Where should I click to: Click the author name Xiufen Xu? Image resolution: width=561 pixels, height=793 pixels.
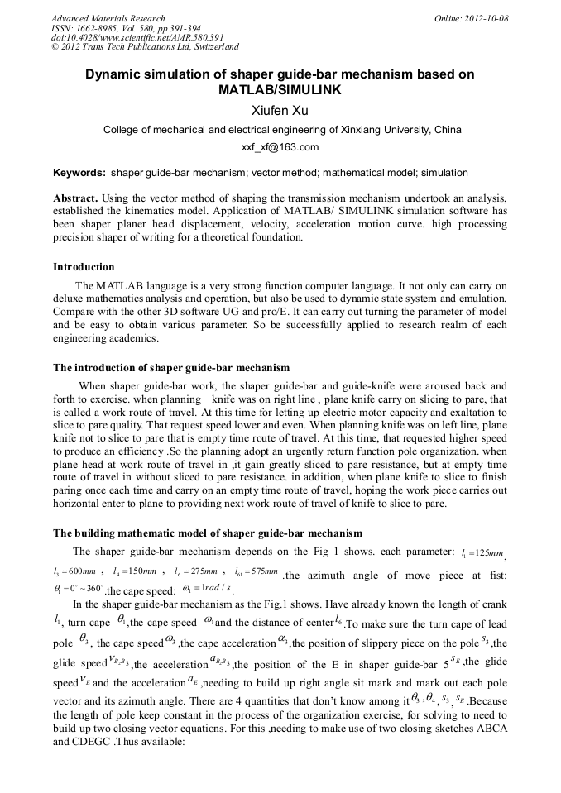[280, 110]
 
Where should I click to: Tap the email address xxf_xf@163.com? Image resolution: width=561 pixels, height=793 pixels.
[280, 148]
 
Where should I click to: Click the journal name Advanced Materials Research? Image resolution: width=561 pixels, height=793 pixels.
[108, 18]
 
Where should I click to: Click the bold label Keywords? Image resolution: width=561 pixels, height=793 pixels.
[79, 174]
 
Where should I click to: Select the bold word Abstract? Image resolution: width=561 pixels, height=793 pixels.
[76, 199]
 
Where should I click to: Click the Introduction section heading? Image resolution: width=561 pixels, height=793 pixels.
[84, 267]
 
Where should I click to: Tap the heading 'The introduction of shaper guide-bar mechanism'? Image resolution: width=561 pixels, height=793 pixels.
[171, 367]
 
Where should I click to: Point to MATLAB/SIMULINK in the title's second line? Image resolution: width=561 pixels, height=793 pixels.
[280, 88]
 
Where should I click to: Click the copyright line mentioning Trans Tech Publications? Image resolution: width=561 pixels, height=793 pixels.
[145, 47]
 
